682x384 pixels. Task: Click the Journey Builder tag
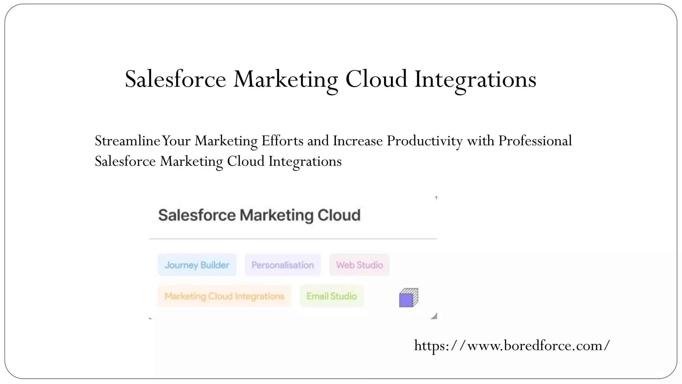click(197, 265)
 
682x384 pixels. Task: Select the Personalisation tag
click(283, 265)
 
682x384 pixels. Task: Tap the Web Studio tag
click(359, 265)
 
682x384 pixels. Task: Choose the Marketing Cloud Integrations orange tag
click(224, 296)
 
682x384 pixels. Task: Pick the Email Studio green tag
click(332, 296)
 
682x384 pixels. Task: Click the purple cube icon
click(408, 298)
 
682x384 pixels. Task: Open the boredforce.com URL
click(512, 346)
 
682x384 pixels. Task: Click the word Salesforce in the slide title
click(175, 79)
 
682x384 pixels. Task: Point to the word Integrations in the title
click(475, 79)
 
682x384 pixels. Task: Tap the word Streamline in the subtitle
click(128, 141)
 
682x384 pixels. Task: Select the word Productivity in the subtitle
click(425, 141)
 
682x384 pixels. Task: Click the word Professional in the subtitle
click(535, 141)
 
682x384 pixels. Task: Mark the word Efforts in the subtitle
click(282, 141)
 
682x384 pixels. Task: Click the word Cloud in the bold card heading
click(339, 215)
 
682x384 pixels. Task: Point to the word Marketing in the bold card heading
click(276, 215)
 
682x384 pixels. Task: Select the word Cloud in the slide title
click(376, 79)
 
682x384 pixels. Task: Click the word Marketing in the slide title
click(286, 79)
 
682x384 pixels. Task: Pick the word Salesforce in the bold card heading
click(197, 215)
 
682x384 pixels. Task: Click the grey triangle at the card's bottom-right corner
click(434, 316)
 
